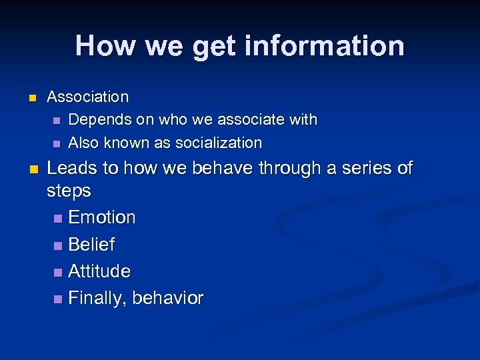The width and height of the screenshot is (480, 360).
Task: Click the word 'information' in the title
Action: pyautogui.click(x=325, y=46)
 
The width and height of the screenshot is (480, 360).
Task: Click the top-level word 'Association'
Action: pyautogui.click(x=87, y=97)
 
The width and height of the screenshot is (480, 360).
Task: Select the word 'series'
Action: pyautogui.click(x=367, y=168)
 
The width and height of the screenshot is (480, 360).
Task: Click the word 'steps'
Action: pyautogui.click(x=69, y=191)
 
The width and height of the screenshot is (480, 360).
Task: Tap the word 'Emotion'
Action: pyautogui.click(x=101, y=217)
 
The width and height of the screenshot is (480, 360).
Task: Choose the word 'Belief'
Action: pyautogui.click(x=91, y=245)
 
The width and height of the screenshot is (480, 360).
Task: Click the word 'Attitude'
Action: pyautogui.click(x=99, y=271)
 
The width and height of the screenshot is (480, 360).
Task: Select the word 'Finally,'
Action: pyautogui.click(x=97, y=299)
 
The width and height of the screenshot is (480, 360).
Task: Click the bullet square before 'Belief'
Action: pyautogui.click(x=57, y=245)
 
